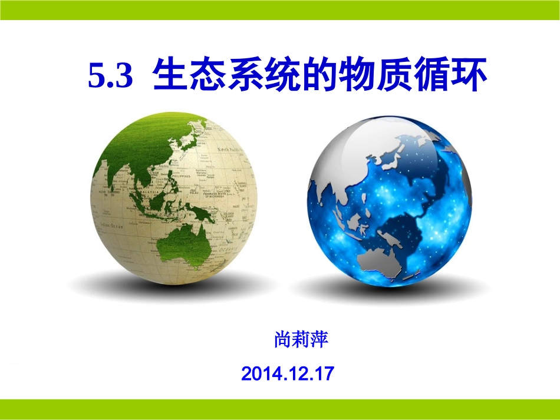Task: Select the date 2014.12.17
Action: (x=288, y=373)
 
